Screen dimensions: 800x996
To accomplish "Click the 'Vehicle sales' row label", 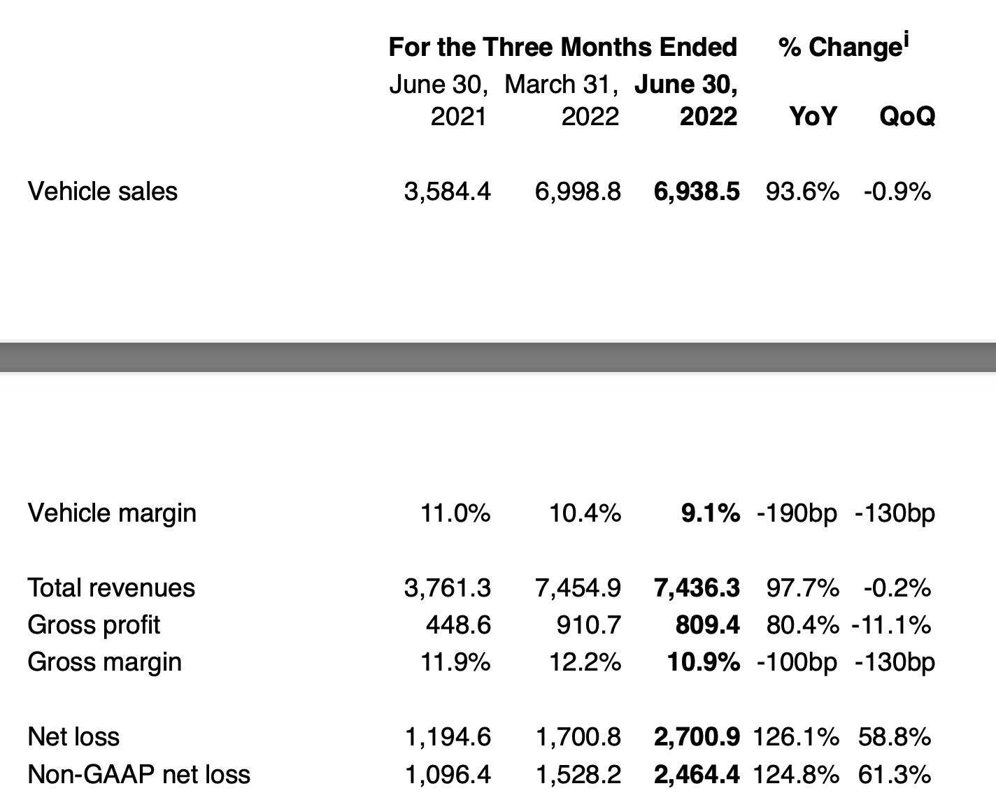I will pyautogui.click(x=102, y=191).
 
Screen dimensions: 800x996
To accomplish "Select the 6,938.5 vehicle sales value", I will pyautogui.click(x=696, y=191).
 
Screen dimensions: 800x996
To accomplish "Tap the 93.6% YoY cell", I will pyautogui.click(x=802, y=191).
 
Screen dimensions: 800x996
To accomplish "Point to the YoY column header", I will pyautogui.click(x=812, y=116).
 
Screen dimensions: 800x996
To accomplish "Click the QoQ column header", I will pyautogui.click(x=906, y=116).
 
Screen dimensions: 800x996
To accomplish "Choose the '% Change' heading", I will pyautogui.click(x=843, y=47).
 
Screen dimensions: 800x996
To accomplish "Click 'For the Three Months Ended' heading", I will pyautogui.click(x=562, y=47).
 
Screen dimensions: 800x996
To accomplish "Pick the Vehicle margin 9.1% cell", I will pyautogui.click(x=710, y=513).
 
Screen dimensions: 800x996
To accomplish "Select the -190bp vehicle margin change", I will pyautogui.click(x=797, y=513).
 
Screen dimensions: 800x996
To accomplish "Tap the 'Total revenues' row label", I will pyautogui.click(x=111, y=587).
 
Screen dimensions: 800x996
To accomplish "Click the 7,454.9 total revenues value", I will pyautogui.click(x=578, y=587).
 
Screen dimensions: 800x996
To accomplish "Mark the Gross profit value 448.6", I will pyautogui.click(x=458, y=624).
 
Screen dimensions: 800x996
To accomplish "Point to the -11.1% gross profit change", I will pyautogui.click(x=891, y=624).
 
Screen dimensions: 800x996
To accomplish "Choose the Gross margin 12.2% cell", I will pyautogui.click(x=585, y=662).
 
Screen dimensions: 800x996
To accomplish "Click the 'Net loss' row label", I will pyautogui.click(x=73, y=736).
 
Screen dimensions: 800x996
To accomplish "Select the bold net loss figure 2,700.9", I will pyautogui.click(x=696, y=736).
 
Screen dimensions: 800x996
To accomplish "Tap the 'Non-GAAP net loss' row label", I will pyautogui.click(x=138, y=774).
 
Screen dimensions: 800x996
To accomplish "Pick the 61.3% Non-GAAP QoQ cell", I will pyautogui.click(x=894, y=774).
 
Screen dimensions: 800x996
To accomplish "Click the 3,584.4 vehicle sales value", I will pyautogui.click(x=448, y=191).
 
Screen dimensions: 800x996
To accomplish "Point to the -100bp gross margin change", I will pyautogui.click(x=797, y=662).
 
